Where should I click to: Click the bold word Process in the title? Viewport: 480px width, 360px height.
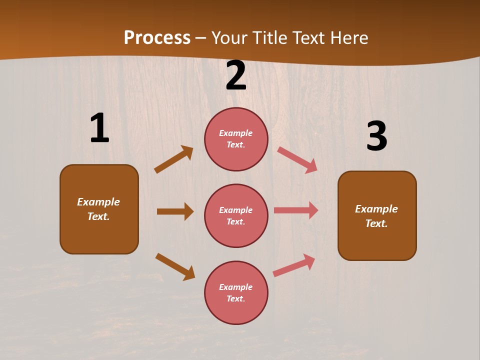[157, 38]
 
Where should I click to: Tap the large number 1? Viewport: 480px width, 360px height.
[99, 128]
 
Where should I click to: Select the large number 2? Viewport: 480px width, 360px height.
[236, 76]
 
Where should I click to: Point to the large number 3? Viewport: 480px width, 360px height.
[376, 136]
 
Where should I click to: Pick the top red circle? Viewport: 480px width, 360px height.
[236, 139]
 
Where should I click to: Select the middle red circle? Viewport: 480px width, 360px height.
[236, 216]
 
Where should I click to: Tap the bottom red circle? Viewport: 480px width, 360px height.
[236, 293]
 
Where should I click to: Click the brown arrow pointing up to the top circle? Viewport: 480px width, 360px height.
[174, 159]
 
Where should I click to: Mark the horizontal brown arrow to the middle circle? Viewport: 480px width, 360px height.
[175, 211]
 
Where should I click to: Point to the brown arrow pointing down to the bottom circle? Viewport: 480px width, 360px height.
[175, 266]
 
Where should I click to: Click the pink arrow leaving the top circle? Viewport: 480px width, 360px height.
[297, 159]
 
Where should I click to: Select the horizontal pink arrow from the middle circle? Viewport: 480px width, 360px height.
[296, 210]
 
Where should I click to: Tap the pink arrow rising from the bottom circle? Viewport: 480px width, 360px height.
[294, 265]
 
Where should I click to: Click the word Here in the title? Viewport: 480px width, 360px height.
[350, 38]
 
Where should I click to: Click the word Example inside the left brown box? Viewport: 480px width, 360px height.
[98, 202]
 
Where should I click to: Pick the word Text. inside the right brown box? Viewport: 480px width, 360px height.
[376, 223]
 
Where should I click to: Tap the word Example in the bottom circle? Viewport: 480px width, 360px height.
[236, 287]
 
